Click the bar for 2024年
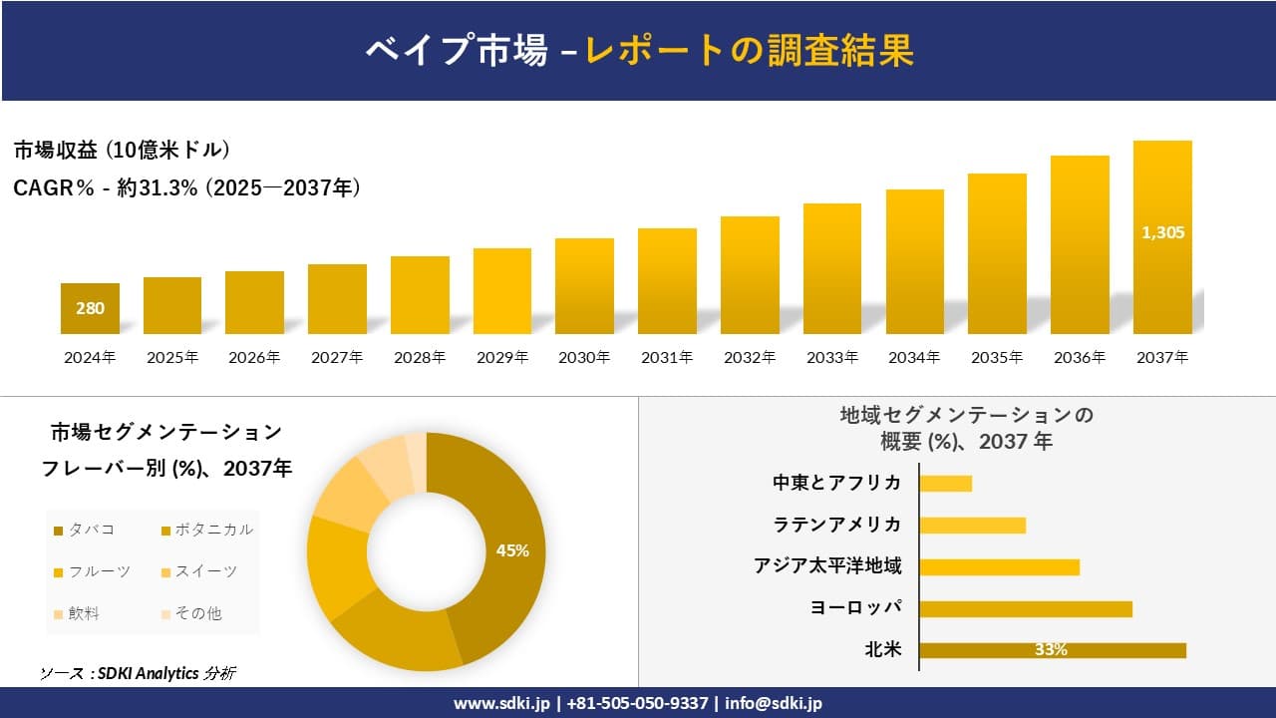click(x=90, y=309)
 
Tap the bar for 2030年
click(x=584, y=286)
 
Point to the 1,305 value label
click(x=1162, y=232)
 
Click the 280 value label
click(x=90, y=308)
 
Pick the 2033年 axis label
click(x=831, y=357)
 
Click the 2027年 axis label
click(x=337, y=357)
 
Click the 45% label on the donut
click(x=512, y=550)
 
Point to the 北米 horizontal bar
click(x=1052, y=650)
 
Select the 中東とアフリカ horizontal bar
click(x=945, y=484)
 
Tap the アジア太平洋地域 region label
click(x=827, y=566)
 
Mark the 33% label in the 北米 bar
click(x=1051, y=650)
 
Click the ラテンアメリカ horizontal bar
click(x=972, y=526)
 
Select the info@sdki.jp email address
click(x=774, y=703)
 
